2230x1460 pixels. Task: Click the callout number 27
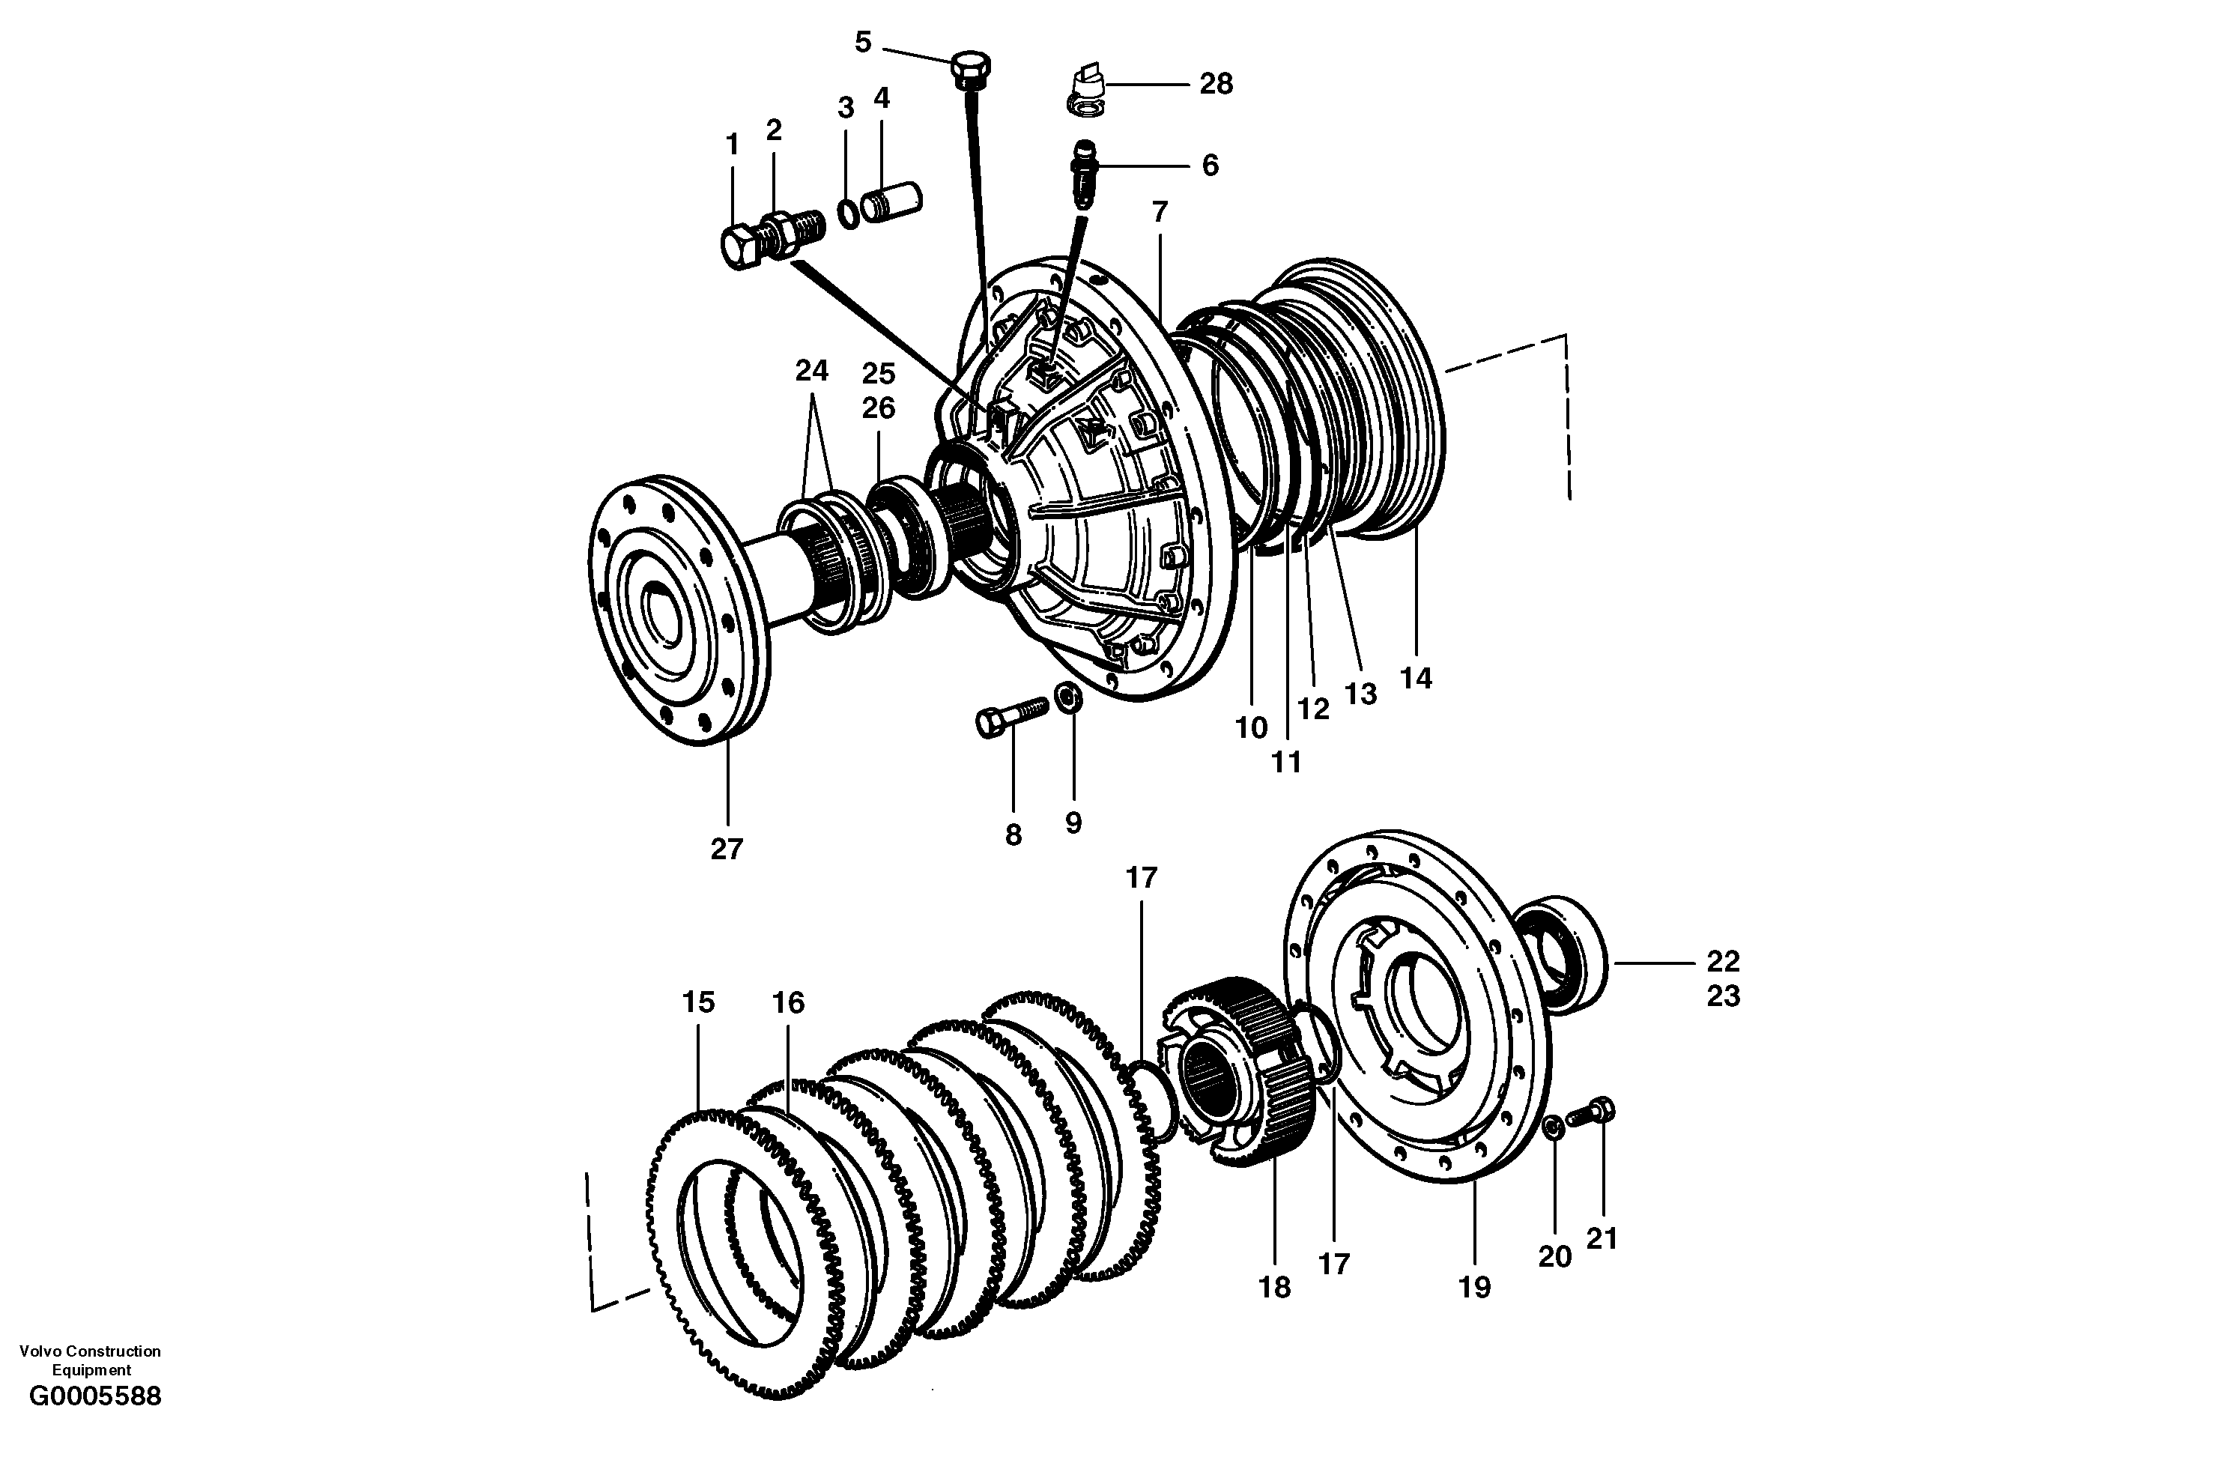[726, 849]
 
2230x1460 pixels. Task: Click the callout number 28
[1216, 85]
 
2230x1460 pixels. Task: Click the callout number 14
[1416, 679]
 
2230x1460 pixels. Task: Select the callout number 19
[1474, 1288]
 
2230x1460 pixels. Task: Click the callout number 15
[698, 1003]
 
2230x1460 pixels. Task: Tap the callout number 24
[811, 371]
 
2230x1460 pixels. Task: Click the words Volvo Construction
[90, 1351]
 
